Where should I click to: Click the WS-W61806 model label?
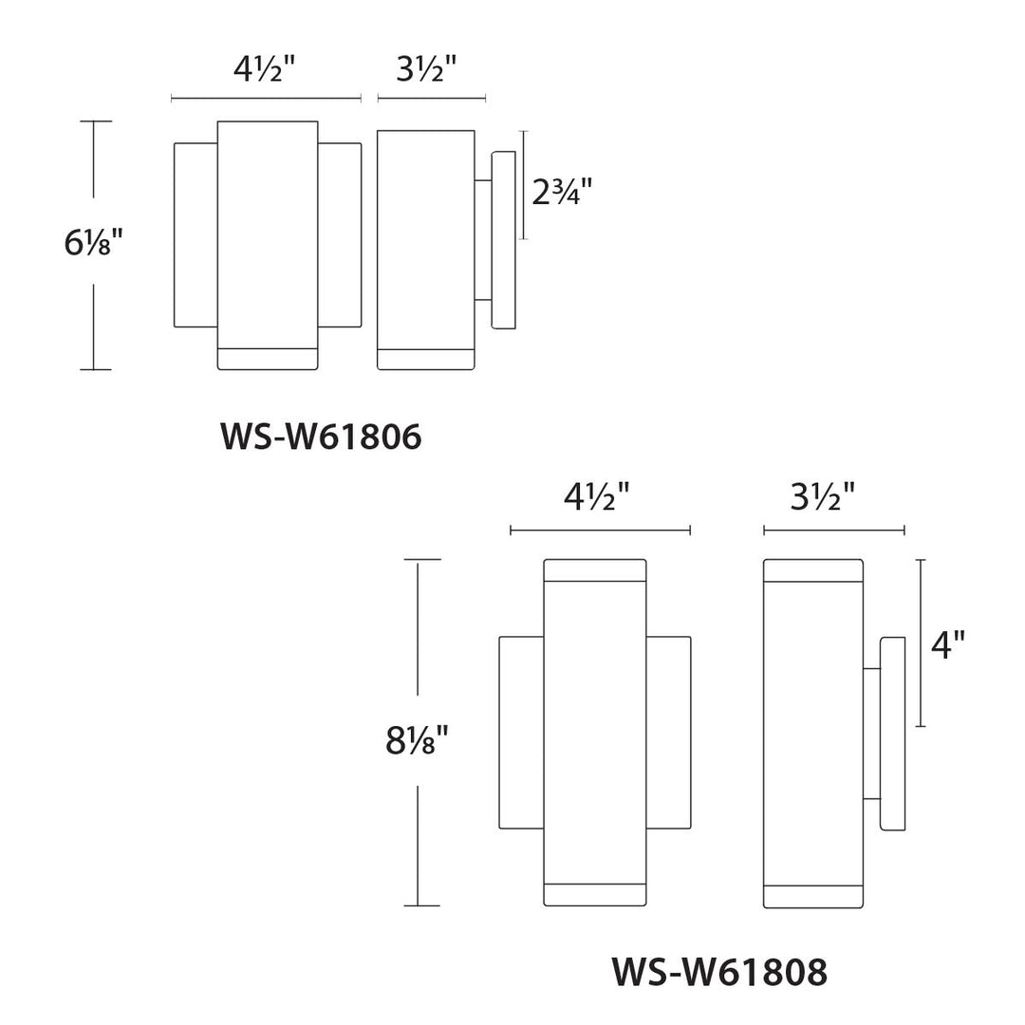pos(321,438)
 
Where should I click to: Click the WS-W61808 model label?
pos(719,971)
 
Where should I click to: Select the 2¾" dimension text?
pos(561,193)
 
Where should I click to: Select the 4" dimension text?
pos(947,645)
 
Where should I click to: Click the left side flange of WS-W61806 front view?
pos(196,234)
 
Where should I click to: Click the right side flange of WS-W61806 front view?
pos(339,234)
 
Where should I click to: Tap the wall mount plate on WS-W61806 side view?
pos(503,239)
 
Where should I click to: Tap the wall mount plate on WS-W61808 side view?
pos(893,733)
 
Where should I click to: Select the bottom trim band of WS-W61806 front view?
pos(268,359)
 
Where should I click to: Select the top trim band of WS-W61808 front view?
pos(595,569)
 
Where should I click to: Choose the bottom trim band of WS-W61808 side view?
pos(813,897)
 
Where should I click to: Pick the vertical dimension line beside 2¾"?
pos(522,186)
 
